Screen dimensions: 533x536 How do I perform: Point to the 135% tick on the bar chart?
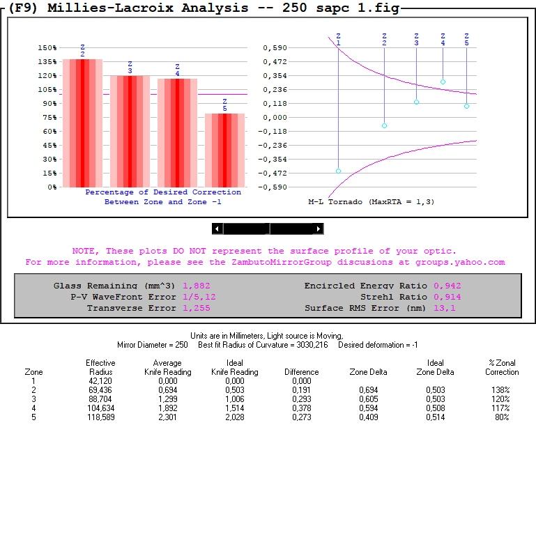coord(47,62)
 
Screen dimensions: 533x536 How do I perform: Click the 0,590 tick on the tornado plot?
coord(275,48)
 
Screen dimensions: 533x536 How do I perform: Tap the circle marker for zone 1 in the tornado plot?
coord(338,171)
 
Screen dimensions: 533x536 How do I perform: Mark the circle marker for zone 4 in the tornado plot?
coord(443,82)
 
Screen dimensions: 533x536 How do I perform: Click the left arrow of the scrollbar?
coord(217,229)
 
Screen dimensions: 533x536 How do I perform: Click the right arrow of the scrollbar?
coord(319,229)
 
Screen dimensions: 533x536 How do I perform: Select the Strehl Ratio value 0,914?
coord(447,297)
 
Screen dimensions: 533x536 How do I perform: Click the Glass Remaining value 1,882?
coord(196,286)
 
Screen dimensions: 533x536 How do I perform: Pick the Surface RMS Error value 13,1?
coord(444,308)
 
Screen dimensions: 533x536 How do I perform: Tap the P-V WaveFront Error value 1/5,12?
coord(199,297)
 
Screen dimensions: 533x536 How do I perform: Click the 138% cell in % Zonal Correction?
coord(500,390)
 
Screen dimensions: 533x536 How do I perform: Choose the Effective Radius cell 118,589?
coord(100,417)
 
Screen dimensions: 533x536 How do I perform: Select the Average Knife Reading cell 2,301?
coord(167,417)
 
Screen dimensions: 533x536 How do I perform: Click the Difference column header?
coord(301,372)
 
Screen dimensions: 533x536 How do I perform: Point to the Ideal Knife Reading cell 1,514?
coord(235,408)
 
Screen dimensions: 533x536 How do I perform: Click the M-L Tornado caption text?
coord(371,201)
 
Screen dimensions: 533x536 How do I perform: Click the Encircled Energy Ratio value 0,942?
coord(447,286)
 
